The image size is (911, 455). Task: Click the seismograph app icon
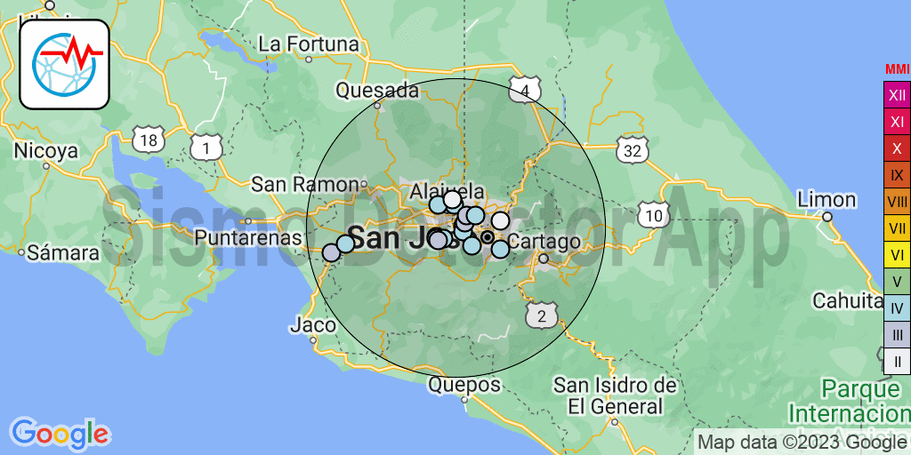click(x=65, y=64)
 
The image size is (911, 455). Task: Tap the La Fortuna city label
click(x=309, y=44)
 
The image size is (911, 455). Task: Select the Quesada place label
click(x=377, y=90)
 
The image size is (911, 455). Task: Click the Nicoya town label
click(x=46, y=151)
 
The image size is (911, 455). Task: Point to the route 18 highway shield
click(x=149, y=139)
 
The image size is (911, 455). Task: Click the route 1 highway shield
click(x=206, y=147)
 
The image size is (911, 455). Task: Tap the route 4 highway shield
click(x=526, y=90)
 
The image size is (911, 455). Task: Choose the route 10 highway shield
click(x=654, y=214)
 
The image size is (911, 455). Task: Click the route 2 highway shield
click(x=541, y=315)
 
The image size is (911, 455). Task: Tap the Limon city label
click(x=826, y=199)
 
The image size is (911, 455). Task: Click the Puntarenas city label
click(x=248, y=237)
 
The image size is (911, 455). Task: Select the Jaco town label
click(x=313, y=325)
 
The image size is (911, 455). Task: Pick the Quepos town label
click(x=464, y=386)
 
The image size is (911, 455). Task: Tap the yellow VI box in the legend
click(x=897, y=255)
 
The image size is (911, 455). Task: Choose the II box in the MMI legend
click(x=897, y=361)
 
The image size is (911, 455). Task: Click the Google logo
click(x=60, y=435)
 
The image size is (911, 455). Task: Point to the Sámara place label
click(x=63, y=252)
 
